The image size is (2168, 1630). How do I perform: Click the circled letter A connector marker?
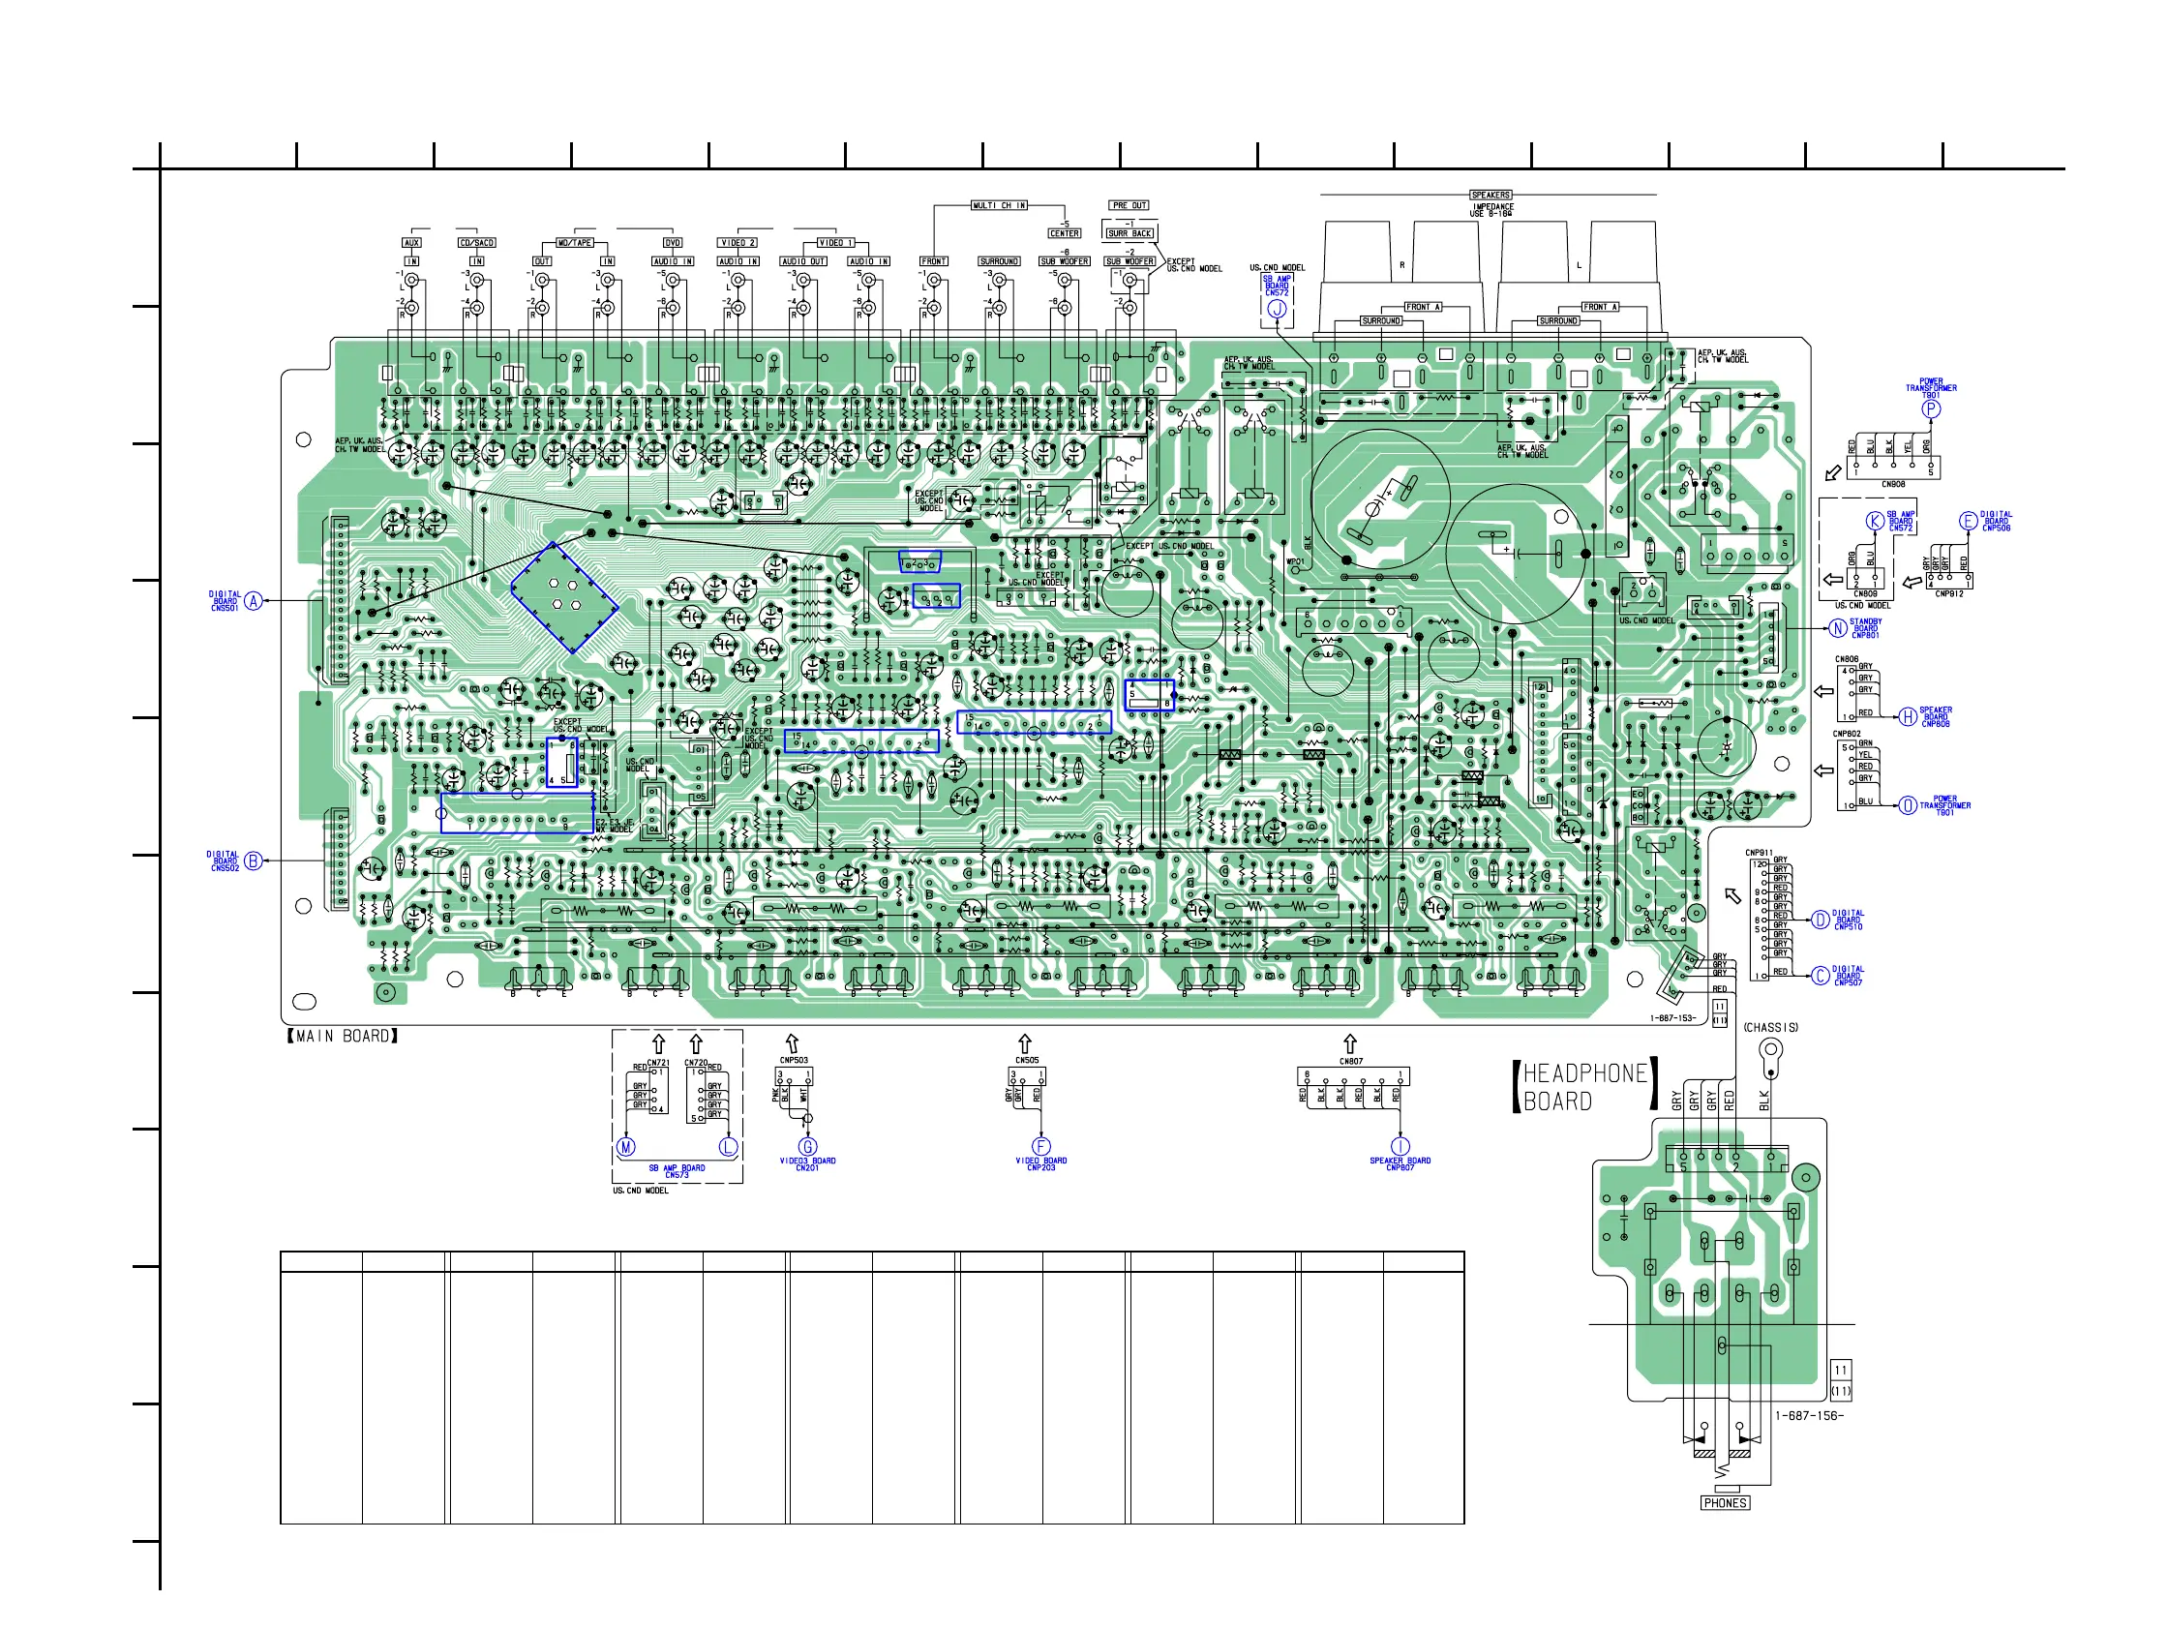point(254,601)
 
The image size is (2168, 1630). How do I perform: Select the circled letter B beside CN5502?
point(254,860)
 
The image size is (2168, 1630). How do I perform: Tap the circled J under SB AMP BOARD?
point(1276,309)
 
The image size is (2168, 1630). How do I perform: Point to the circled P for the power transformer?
point(1931,408)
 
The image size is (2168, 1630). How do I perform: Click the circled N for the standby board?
point(1839,628)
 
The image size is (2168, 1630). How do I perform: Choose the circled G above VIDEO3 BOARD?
point(807,1146)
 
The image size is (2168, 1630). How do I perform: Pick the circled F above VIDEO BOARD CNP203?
point(1040,1146)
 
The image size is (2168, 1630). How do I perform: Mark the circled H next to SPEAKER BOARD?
point(1909,716)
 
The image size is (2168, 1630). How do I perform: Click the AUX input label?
point(411,242)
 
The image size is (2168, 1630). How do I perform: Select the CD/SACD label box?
point(477,242)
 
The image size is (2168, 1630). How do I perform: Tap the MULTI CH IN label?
point(999,205)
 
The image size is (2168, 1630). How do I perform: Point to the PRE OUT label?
point(1129,205)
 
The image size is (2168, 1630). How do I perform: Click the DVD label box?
point(673,242)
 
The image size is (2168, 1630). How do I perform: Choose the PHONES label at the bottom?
point(1725,1502)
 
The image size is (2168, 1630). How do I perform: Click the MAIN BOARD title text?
point(342,1036)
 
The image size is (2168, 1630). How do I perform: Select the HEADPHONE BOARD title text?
point(1583,1087)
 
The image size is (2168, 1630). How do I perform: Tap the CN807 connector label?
point(1350,1061)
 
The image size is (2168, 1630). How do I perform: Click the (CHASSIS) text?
point(1771,1027)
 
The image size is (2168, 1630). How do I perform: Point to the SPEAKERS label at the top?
point(1490,196)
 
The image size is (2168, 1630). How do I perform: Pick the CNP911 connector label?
point(1759,853)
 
